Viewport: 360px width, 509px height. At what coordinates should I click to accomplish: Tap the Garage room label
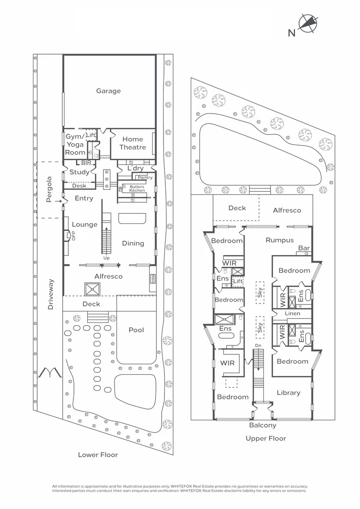click(108, 91)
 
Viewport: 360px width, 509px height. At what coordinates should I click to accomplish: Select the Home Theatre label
click(132, 143)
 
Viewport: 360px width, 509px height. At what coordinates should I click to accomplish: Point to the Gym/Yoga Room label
click(75, 144)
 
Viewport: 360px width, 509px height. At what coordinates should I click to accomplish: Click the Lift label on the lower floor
click(91, 135)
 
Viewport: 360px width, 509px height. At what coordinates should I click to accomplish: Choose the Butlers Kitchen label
click(137, 189)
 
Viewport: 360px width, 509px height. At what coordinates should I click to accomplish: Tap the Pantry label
click(145, 178)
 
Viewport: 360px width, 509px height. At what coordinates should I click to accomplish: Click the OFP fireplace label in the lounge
click(74, 236)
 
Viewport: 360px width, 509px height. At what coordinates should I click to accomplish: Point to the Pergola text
click(49, 189)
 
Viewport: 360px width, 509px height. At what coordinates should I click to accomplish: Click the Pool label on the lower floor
click(136, 330)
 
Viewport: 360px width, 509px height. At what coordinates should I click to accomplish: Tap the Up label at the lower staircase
click(107, 258)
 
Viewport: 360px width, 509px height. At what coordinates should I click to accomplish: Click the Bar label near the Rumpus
click(303, 248)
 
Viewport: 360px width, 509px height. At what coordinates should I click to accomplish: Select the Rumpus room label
click(279, 240)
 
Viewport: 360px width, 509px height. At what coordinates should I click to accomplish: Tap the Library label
click(288, 393)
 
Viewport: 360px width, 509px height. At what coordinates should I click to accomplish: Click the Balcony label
click(263, 425)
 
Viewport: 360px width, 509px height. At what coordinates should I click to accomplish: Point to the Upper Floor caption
click(266, 438)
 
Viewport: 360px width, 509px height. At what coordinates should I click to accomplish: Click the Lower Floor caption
click(98, 455)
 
